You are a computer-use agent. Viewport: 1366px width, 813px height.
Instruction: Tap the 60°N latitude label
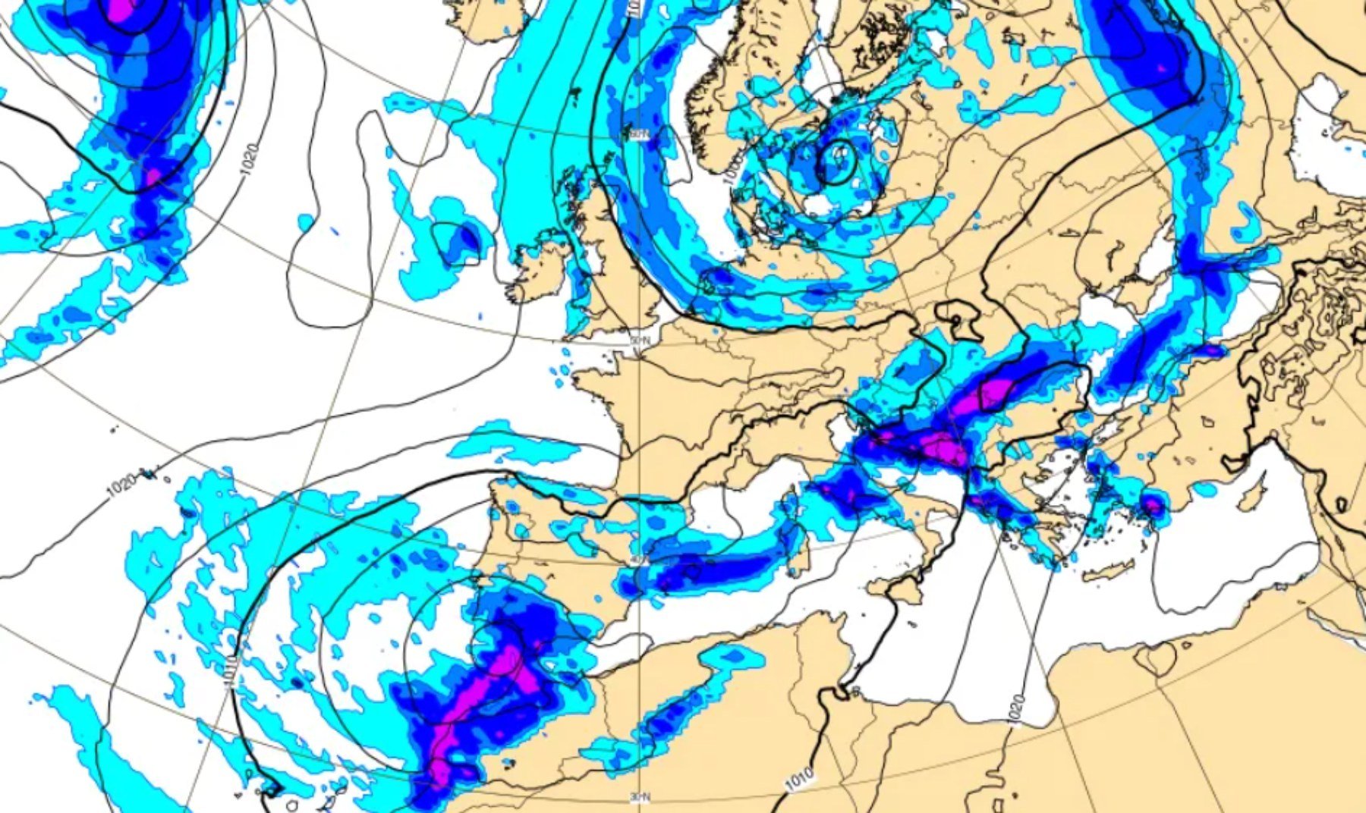pyautogui.click(x=640, y=135)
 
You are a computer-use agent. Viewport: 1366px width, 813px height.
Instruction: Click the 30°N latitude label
pyautogui.click(x=640, y=797)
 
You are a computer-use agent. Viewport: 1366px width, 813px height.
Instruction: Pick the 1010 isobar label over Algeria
pyautogui.click(x=798, y=778)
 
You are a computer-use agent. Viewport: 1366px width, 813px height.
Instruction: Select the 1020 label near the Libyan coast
pyautogui.click(x=1018, y=709)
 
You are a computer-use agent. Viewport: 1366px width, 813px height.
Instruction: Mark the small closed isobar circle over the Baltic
pyautogui.click(x=837, y=162)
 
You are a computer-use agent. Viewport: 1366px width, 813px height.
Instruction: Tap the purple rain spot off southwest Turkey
pyautogui.click(x=1154, y=504)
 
